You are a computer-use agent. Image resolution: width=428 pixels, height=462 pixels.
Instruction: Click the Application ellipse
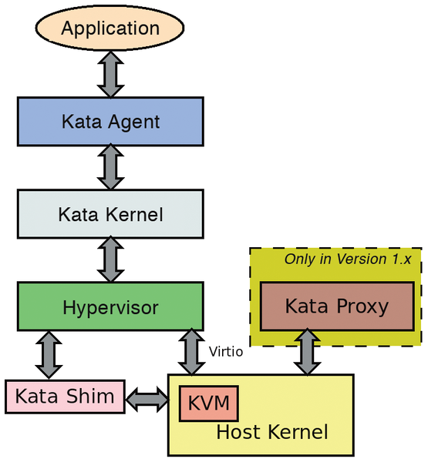point(110,29)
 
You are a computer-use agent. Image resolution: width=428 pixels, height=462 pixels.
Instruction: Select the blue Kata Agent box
point(110,122)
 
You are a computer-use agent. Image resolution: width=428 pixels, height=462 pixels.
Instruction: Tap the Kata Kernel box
point(110,214)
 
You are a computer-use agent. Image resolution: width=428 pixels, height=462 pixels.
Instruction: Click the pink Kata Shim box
point(64,397)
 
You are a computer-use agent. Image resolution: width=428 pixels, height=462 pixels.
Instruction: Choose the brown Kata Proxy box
point(336,306)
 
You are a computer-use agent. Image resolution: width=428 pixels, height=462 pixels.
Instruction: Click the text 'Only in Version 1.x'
point(347,259)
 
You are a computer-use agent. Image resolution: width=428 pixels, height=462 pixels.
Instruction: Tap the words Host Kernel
point(272,433)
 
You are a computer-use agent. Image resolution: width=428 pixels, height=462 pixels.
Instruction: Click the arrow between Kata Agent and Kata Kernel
point(110,168)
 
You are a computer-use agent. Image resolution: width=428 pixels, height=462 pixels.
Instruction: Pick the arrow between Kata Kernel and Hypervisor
point(110,261)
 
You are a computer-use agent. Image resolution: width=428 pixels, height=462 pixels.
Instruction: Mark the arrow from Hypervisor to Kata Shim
point(49,355)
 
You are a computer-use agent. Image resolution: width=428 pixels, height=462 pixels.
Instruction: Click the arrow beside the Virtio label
point(190,353)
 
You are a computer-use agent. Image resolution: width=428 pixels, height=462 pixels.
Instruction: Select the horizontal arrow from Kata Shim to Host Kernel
point(147,398)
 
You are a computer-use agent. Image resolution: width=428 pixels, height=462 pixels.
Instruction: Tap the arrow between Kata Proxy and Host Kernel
point(307,351)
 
